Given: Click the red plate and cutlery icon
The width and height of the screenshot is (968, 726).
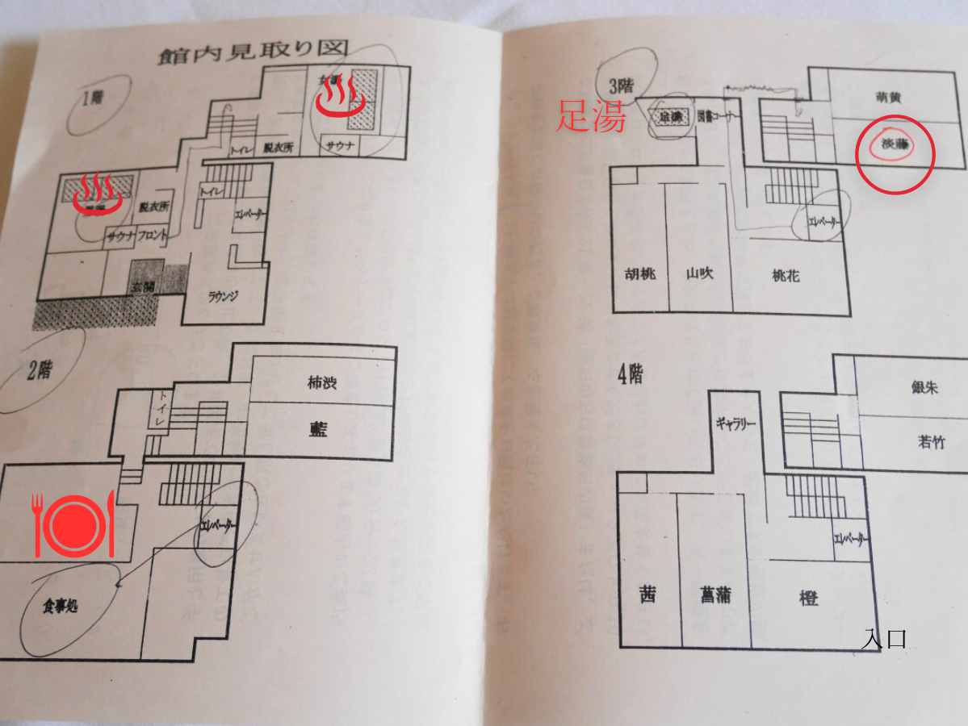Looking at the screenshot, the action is click(73, 525).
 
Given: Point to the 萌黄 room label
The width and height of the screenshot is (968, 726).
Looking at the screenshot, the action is click(887, 98).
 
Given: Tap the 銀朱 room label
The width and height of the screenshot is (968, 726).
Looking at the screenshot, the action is click(924, 387).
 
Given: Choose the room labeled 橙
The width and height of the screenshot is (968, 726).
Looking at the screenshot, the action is click(809, 598).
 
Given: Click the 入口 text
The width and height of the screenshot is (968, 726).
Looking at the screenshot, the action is click(884, 640).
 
